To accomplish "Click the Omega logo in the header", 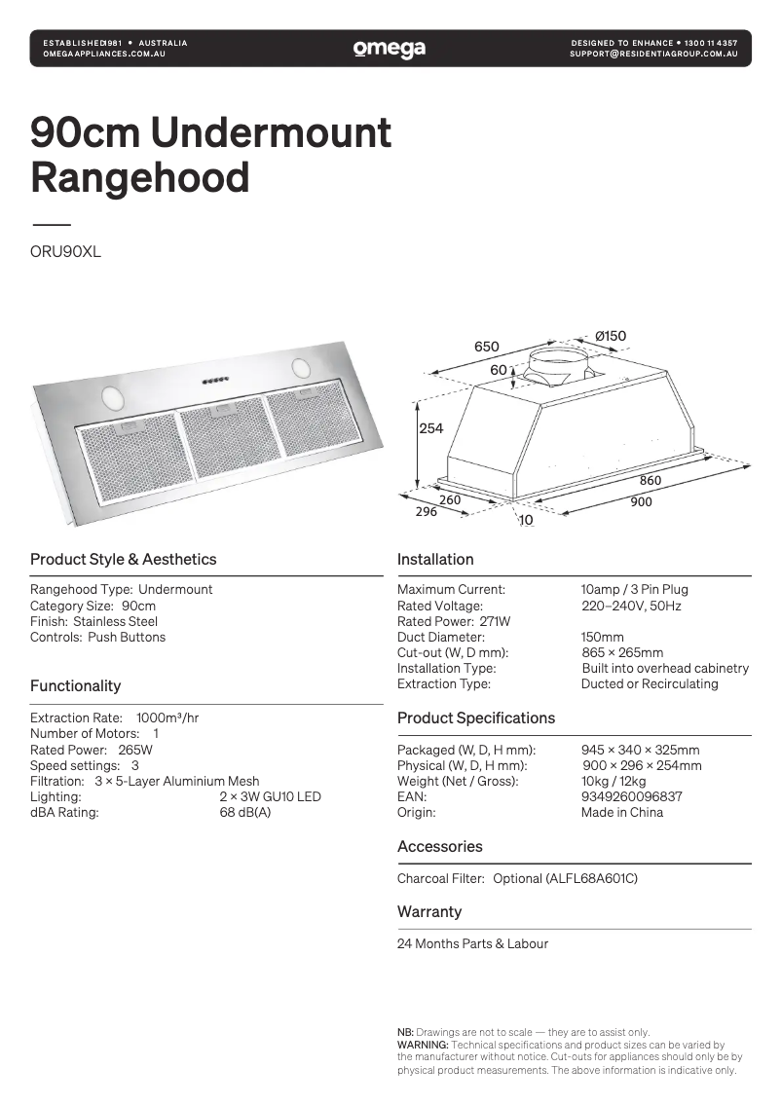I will pos(390,49).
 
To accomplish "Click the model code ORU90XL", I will pos(65,251).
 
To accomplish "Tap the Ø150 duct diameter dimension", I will pos(611,337).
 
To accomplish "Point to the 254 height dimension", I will pos(430,428).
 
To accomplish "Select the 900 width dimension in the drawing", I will pos(641,502).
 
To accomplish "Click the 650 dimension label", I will pos(486,347).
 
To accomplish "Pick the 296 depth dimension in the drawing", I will pos(427,512).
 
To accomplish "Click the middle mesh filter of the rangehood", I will pos(231,440).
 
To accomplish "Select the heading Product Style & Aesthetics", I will pos(123,560).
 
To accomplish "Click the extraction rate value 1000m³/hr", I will pos(167,718).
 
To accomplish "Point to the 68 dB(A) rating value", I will pos(245,812).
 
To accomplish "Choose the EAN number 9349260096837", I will pos(631,796).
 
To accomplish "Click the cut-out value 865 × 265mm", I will pos(621,652).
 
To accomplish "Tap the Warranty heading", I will pos(429,912).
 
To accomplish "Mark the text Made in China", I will pos(621,812).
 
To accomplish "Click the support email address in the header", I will pos(653,55).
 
